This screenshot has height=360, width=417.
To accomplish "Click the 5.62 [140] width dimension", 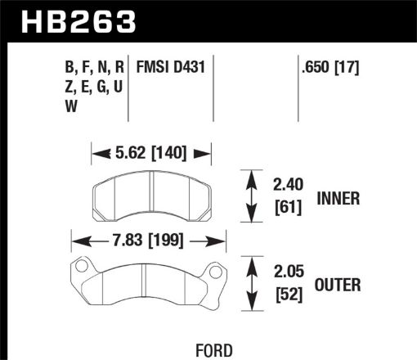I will tap(151, 151).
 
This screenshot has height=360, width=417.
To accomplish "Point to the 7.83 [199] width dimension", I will tap(146, 241).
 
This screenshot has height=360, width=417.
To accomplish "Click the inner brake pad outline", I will tap(151, 196).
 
